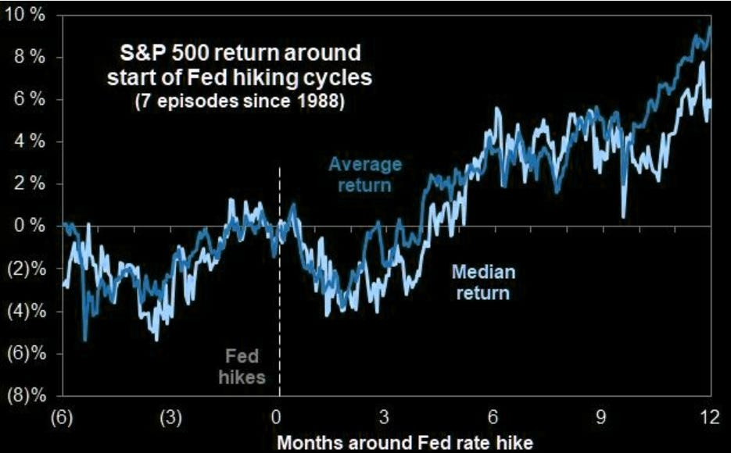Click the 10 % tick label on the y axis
coord(26,16)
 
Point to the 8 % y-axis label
coord(30,58)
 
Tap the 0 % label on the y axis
coord(30,226)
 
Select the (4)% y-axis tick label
coord(27,311)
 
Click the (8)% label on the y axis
coord(27,396)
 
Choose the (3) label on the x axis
coord(170,418)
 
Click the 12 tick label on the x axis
coord(710,417)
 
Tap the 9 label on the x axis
coord(601,417)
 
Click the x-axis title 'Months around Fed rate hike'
coord(405,442)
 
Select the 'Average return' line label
coord(365,175)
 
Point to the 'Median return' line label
coord(483,282)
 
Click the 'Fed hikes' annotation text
coord(242,367)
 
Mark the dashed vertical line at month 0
coord(279,282)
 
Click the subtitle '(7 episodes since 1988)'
coord(239,101)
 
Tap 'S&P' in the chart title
coord(142,52)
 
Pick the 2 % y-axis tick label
coord(30,184)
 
